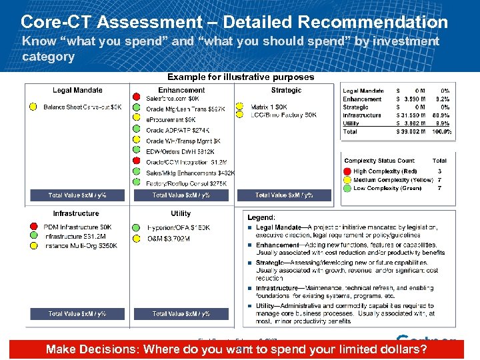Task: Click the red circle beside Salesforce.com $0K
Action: pos(137,98)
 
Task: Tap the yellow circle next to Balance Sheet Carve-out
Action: pos(33,107)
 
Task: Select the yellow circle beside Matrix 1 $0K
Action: pos(240,106)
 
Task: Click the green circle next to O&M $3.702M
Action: pos(137,238)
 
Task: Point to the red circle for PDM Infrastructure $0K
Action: pos(33,227)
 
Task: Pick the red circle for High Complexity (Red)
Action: pos(347,171)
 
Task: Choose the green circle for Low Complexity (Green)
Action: pos(347,188)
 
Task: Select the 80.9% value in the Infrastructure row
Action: pos(441,115)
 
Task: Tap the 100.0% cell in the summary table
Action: pos(441,132)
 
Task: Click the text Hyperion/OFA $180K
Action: pos(178,228)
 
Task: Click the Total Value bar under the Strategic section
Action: pos(283,195)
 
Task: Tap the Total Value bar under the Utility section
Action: pos(181,313)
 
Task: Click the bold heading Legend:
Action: pos(261,217)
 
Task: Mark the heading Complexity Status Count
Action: pos(379,161)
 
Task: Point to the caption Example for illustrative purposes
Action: pos(240,77)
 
